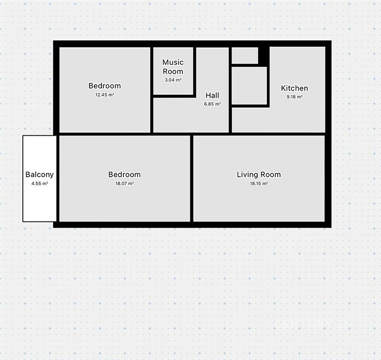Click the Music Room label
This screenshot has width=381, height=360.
(173, 67)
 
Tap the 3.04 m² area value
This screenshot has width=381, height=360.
(173, 80)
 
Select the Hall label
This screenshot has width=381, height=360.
(212, 95)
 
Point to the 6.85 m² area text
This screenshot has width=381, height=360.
(212, 104)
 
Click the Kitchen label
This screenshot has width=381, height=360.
(294, 88)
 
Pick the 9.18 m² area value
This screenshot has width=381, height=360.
(294, 97)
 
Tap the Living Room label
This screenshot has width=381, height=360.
(259, 174)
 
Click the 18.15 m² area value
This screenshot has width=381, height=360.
(259, 183)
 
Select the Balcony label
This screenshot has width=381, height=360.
(40, 174)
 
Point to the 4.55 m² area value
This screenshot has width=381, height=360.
(40, 183)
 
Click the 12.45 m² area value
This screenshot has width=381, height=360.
(105, 95)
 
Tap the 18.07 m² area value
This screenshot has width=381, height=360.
(124, 183)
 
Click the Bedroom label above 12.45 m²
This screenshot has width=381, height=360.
(105, 86)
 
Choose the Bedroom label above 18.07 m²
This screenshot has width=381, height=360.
(124, 174)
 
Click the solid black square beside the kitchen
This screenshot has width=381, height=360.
(264, 55)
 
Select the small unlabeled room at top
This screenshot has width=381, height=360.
(245, 55)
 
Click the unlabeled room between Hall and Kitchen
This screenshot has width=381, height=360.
(249, 86)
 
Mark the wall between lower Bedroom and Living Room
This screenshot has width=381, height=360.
(192, 178)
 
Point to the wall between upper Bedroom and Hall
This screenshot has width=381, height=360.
(151, 90)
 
